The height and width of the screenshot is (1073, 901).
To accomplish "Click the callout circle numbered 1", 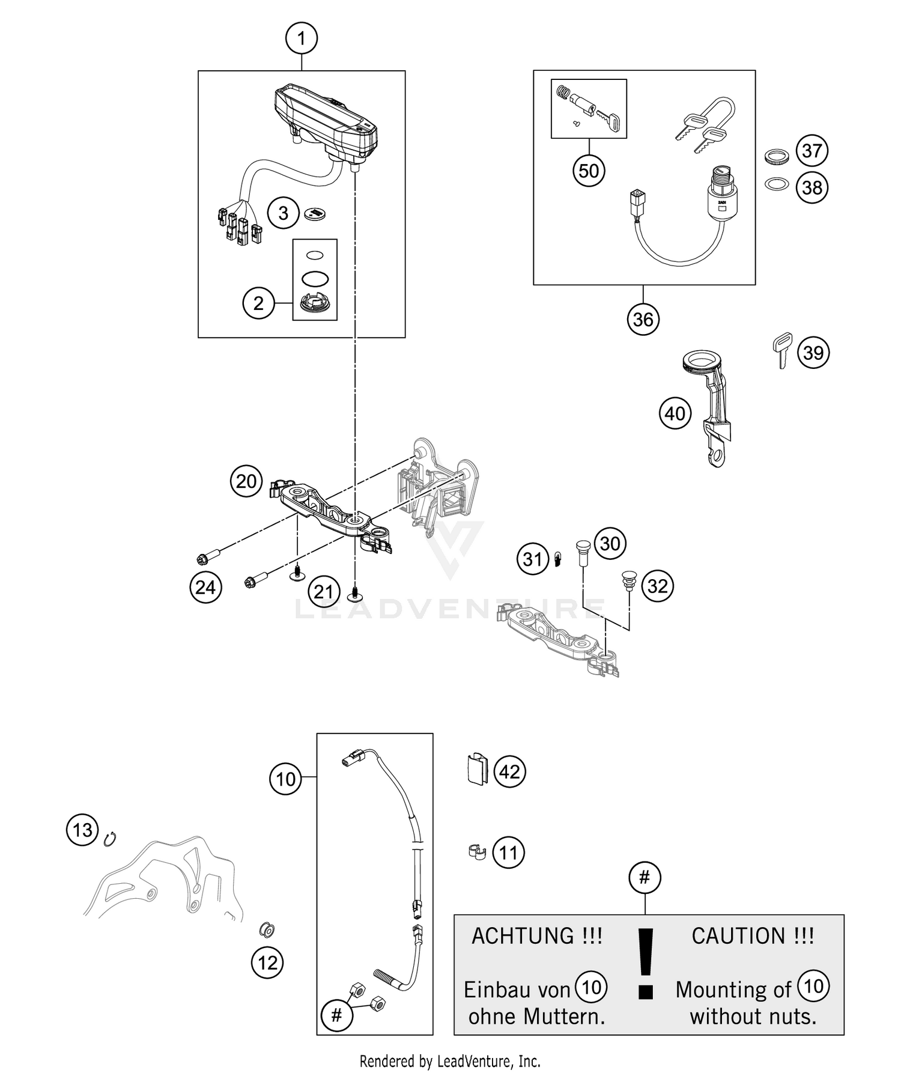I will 301,40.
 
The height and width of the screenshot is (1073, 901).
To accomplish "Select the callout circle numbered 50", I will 589,171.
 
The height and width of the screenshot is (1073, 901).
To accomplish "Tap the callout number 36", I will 643,319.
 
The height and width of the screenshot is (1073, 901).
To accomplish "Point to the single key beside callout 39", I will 781,351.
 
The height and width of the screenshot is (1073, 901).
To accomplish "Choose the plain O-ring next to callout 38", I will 776,183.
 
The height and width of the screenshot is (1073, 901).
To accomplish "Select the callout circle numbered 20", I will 246,482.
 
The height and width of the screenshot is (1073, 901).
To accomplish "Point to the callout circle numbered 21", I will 323,592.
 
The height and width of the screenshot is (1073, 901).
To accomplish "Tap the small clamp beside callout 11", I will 476,851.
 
